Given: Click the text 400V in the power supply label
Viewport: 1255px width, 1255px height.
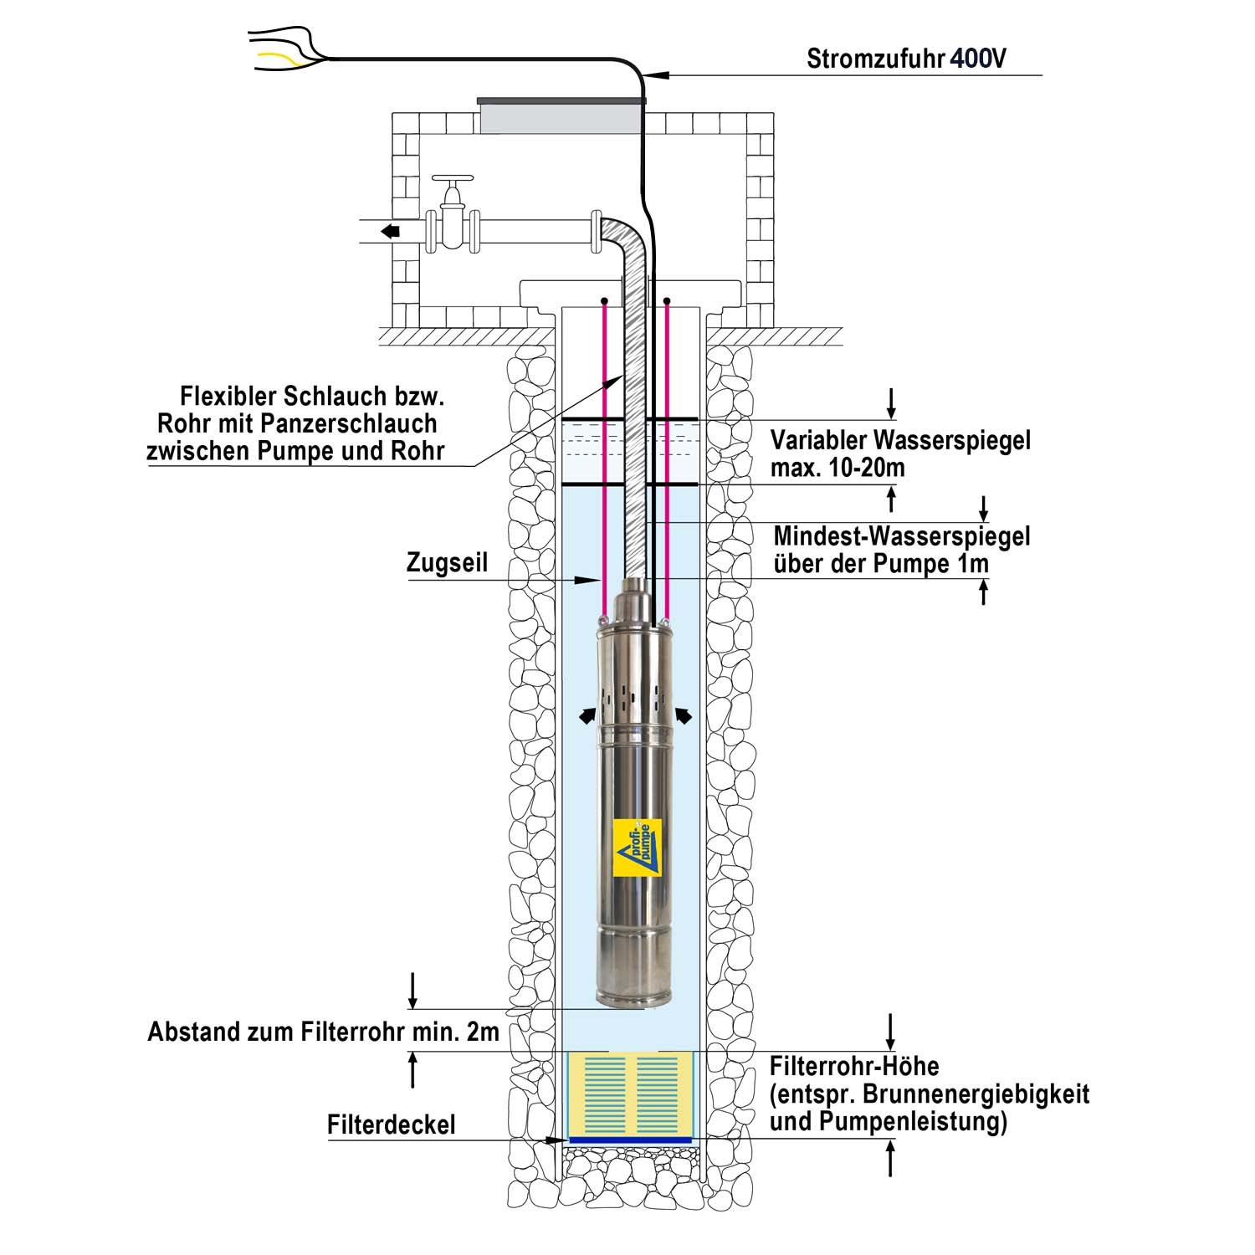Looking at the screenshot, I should point(978,59).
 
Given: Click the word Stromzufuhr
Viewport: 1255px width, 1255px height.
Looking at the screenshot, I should point(875,59).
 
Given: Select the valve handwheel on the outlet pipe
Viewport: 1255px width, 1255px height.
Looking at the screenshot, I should point(453,179).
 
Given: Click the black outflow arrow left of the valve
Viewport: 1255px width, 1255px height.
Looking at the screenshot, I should point(390,231).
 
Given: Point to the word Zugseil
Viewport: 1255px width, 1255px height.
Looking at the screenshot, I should point(447,563).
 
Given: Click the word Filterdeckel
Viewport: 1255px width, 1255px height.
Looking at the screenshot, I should point(392,1125).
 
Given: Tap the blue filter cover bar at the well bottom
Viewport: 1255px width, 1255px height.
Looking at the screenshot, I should point(630,1140).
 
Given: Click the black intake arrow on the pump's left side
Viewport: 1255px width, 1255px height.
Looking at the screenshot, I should point(589,715).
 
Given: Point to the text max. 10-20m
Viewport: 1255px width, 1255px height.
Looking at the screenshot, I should point(838,468).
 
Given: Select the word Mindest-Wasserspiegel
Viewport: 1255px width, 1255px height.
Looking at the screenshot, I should point(902,536).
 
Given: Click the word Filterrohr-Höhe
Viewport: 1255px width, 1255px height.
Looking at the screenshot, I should point(853,1067).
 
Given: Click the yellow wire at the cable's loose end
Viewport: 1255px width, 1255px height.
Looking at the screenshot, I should point(274,57).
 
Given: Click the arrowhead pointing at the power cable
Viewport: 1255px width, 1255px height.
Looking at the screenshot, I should point(659,75).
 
